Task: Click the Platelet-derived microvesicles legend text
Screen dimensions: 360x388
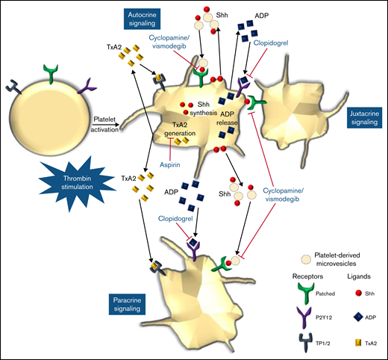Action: tap(346, 258)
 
